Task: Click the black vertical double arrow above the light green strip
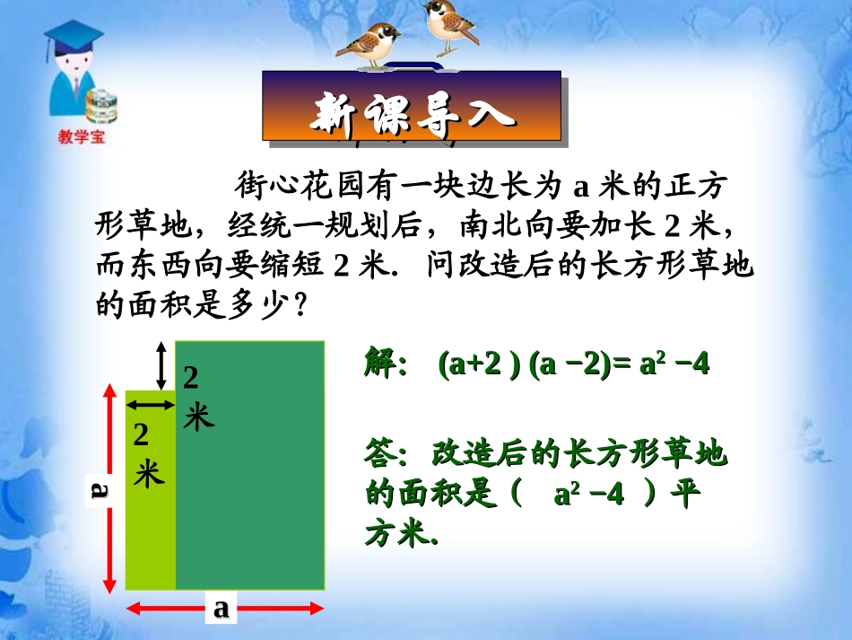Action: [161, 364]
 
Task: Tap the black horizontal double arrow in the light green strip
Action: [150, 406]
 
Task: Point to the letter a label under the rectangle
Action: [221, 609]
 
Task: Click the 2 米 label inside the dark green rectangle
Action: [195, 398]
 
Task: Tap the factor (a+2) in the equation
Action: [478, 366]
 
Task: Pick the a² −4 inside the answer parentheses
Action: [587, 495]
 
